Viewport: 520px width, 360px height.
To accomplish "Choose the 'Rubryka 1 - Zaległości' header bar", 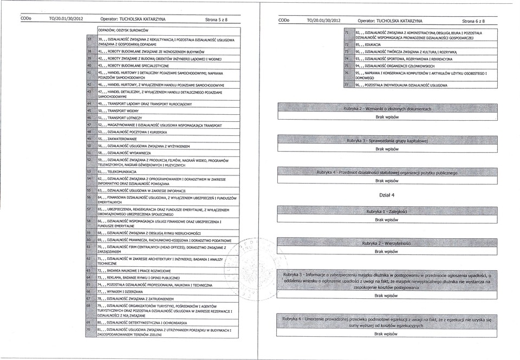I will click(x=386, y=211).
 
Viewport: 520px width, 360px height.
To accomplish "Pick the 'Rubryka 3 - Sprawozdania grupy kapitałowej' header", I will click(x=386, y=141).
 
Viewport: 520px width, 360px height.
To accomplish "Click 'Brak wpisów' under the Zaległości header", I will click(x=386, y=220).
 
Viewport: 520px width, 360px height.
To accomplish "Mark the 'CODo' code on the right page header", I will click(x=284, y=19).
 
